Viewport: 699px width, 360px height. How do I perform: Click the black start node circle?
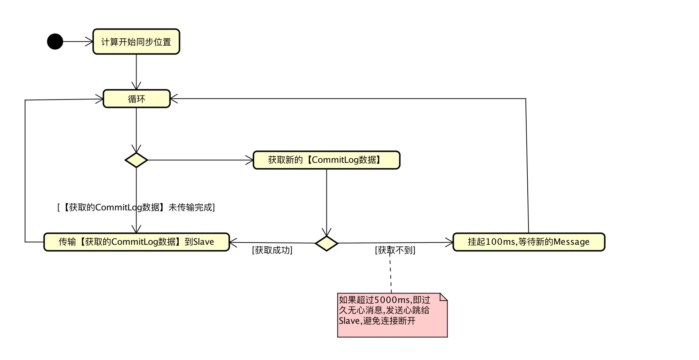(x=55, y=41)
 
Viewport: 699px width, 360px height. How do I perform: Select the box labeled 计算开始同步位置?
(x=136, y=42)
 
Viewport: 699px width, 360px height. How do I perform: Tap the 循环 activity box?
(x=136, y=99)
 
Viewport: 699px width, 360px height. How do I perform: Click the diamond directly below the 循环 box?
(x=136, y=160)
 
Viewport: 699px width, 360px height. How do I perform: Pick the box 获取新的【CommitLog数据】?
(x=326, y=160)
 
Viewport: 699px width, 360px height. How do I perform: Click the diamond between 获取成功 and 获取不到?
(x=326, y=243)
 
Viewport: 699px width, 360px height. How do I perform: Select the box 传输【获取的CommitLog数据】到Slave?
(x=136, y=242)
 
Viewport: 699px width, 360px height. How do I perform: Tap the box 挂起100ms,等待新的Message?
(x=528, y=242)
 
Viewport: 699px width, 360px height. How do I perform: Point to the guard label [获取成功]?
(x=272, y=250)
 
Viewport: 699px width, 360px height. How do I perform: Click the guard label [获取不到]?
(x=395, y=250)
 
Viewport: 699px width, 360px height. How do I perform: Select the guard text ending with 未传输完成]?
(x=136, y=207)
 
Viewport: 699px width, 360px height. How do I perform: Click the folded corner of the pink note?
(x=443, y=297)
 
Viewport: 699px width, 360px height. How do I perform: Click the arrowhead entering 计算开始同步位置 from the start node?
(x=90, y=42)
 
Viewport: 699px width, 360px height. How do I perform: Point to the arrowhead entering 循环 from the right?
(x=174, y=98)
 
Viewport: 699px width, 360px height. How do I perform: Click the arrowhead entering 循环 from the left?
(x=100, y=99)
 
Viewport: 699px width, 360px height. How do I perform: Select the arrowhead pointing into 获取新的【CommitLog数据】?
(x=250, y=160)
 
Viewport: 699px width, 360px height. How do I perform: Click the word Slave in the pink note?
(x=349, y=321)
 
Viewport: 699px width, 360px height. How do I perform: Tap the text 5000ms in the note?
(x=392, y=300)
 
